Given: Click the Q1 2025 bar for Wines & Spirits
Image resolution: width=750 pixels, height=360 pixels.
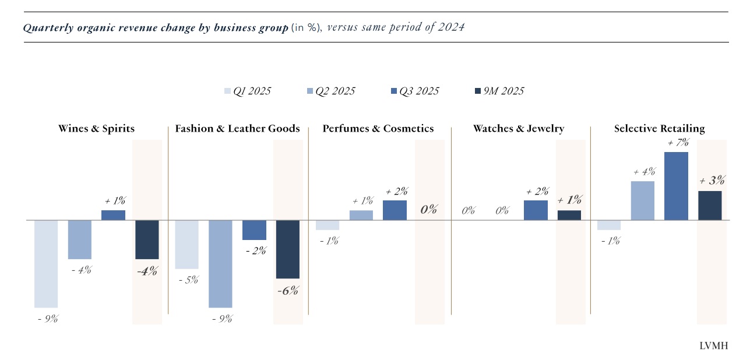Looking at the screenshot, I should pos(46,263).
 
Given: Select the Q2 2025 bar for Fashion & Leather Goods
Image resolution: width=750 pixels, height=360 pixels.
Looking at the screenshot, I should pos(220,263).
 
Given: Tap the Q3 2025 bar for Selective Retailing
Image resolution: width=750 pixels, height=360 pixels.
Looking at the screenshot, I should pos(676,186).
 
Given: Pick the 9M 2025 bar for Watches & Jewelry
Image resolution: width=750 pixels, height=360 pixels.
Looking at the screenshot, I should pos(569,215).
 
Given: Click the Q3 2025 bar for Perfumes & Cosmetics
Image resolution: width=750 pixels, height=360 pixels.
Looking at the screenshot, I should pos(395,210).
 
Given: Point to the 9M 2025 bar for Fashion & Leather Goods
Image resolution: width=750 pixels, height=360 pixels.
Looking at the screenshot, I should pos(287,249).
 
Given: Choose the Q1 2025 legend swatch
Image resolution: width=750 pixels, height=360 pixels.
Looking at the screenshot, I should pos(228,91).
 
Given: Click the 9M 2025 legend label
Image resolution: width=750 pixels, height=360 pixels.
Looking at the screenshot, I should pos(504,91).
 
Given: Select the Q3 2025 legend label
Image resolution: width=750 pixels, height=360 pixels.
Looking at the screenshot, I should pos(419,91).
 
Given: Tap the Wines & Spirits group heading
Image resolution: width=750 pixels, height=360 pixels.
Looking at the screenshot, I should pos(96,129).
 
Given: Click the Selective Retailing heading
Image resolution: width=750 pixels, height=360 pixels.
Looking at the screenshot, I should pos(659,129).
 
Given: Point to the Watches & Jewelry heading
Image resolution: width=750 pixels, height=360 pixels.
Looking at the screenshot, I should pos(518,129).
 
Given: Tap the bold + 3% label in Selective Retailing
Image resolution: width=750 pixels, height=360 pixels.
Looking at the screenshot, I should pos(712,181).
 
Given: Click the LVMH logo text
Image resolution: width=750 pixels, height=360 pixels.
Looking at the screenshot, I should pos(713,346).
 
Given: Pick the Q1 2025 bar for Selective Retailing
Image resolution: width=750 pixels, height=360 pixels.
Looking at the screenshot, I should pos(609,225).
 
